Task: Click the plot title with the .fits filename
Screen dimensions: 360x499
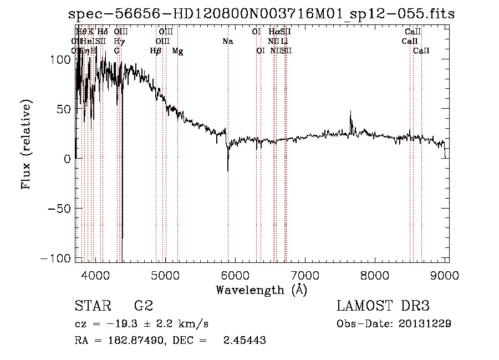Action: [261, 14]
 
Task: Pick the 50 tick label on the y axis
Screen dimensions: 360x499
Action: [64, 109]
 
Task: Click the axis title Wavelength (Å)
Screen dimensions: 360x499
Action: [261, 290]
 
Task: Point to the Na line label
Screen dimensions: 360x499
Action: [228, 41]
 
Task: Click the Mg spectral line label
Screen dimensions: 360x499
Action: [177, 50]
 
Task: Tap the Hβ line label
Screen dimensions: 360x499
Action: [156, 50]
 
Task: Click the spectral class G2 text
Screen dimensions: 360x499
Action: [143, 306]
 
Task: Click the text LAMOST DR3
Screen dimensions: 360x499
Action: [383, 306]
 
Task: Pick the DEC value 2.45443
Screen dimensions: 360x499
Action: [244, 341]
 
